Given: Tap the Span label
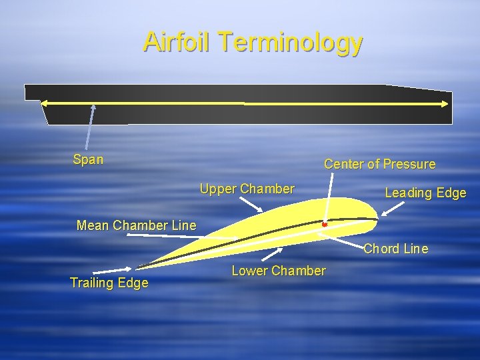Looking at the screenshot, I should coord(88,159).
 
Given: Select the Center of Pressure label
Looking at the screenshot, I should coord(379,164).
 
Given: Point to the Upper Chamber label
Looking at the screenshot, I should coord(247,189).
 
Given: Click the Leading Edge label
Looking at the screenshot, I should coord(425,193).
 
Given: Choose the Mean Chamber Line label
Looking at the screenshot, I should coord(137,225).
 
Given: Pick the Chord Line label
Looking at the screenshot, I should coord(395,249).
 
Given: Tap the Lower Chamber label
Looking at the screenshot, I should coord(278,271).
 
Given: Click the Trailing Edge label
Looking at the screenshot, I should coord(109,283).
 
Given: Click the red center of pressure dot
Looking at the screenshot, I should coord(324,225).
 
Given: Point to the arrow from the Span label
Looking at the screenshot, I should coord(89,127).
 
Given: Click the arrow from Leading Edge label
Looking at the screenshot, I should coord(391,209).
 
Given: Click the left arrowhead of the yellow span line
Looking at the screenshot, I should coord(45,103).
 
